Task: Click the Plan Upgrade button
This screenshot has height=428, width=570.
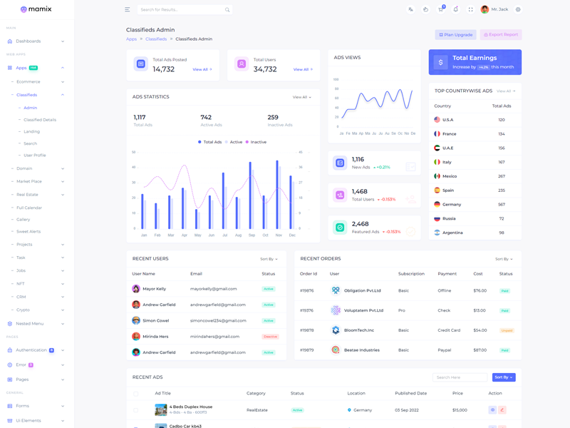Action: click(456, 34)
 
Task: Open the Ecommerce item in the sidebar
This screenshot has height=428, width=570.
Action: click(28, 81)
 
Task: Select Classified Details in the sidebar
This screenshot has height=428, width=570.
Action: click(40, 120)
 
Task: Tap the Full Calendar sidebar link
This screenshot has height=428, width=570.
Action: click(29, 208)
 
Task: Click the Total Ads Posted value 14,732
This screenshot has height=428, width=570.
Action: click(164, 69)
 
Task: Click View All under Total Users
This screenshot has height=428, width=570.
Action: click(302, 69)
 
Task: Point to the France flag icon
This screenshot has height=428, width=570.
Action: click(437, 133)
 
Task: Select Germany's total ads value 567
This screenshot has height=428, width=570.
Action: click(502, 204)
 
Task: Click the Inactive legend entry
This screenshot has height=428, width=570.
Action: click(256, 142)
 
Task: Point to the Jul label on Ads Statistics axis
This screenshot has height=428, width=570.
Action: click(225, 235)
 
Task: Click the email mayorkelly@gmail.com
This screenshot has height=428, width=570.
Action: click(213, 289)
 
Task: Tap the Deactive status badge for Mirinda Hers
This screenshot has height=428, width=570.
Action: click(270, 337)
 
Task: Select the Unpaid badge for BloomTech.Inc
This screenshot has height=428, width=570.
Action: click(507, 330)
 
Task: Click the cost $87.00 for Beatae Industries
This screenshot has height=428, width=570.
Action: click(480, 350)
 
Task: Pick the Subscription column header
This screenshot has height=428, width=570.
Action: click(411, 273)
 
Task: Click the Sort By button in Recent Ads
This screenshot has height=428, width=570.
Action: click(504, 377)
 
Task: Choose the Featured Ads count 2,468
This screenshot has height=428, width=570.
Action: click(360, 224)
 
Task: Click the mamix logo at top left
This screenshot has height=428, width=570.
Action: click(36, 9)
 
